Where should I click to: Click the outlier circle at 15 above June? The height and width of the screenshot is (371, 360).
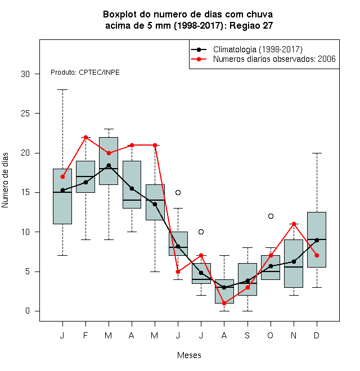point(178,192)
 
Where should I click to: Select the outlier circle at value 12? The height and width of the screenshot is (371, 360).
point(271,216)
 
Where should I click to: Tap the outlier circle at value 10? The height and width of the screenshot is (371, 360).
point(201,232)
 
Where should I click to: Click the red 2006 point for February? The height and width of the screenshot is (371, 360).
point(85,137)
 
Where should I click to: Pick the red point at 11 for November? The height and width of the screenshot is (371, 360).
point(294,224)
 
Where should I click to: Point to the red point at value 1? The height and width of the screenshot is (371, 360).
point(224,303)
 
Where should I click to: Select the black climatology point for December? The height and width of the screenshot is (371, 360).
point(317,240)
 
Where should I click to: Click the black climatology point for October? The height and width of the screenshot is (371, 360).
point(271,266)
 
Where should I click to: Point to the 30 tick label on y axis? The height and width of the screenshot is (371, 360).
point(25,74)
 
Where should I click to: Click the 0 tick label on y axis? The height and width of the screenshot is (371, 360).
point(28,311)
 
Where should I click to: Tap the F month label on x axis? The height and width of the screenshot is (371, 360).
point(85,335)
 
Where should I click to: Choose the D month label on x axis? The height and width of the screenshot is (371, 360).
point(317,335)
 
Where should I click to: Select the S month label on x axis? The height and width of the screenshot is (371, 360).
point(247,335)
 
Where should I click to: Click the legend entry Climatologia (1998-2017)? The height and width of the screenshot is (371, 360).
point(247,49)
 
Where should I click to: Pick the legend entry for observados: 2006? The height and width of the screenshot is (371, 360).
point(263,59)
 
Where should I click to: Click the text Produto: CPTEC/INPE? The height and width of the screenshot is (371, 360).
point(85,73)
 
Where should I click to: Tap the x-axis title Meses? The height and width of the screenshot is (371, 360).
point(189,355)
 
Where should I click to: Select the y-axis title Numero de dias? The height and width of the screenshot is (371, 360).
point(5,180)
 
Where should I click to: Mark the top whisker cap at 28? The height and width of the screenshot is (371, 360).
point(62,90)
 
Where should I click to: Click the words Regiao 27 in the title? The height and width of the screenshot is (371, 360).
point(251,25)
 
